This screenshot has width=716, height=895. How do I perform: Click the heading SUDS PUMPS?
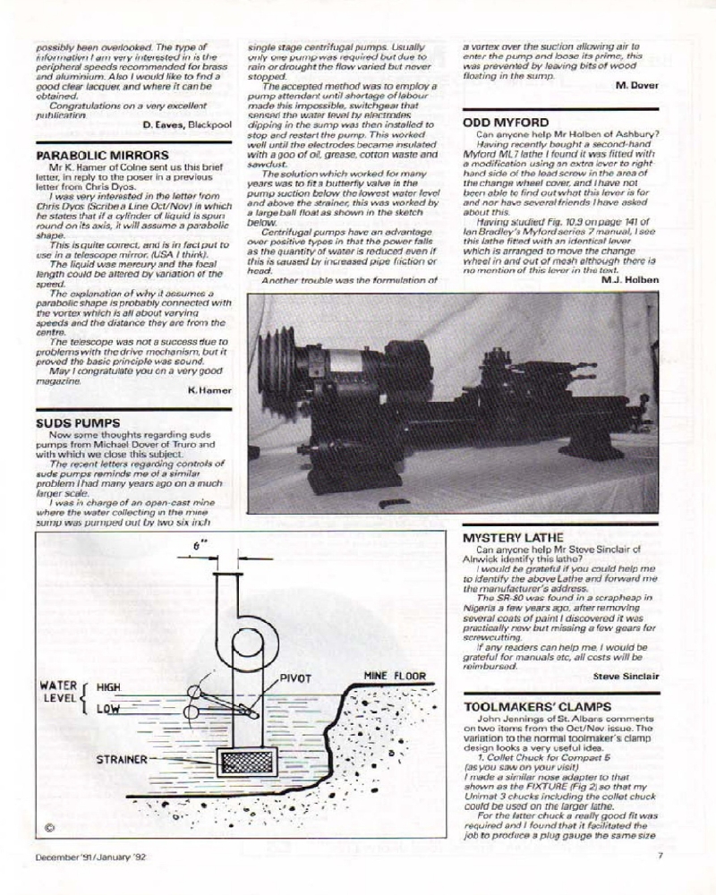75,422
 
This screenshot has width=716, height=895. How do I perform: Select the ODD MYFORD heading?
506,123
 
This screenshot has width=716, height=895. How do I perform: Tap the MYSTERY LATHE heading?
514,538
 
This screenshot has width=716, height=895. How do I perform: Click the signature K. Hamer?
210,389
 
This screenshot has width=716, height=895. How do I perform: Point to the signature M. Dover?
636,85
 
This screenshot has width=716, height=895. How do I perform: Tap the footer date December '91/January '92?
90,880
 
